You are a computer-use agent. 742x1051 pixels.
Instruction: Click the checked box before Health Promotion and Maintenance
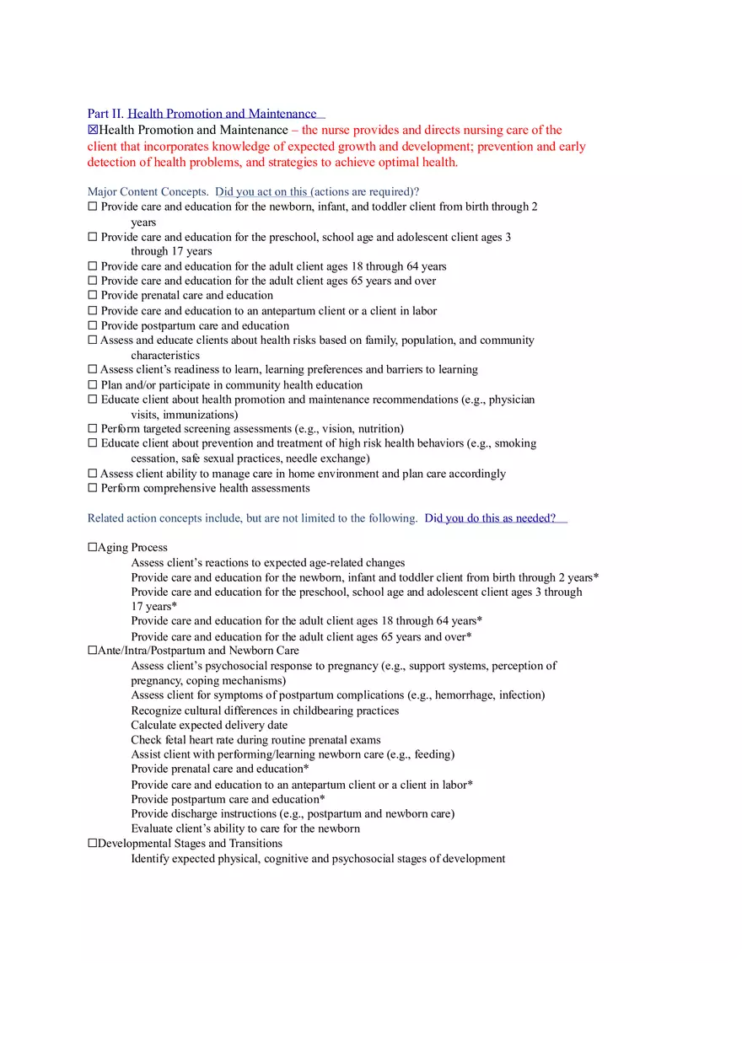point(93,131)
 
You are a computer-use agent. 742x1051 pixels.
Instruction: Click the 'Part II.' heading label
point(105,114)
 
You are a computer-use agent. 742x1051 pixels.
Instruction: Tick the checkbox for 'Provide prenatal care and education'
point(92,296)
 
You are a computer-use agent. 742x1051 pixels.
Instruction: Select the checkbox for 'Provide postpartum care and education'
point(92,326)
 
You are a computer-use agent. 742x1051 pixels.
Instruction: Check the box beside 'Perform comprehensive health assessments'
point(92,489)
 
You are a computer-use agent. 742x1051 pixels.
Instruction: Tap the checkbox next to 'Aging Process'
point(92,548)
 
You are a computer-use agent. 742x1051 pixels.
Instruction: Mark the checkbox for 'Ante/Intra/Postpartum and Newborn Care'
point(92,651)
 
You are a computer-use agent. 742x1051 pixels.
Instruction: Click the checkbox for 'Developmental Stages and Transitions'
point(92,844)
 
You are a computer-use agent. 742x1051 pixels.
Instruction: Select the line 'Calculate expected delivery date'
point(209,725)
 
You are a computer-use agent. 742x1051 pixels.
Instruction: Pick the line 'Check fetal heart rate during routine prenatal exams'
point(255,740)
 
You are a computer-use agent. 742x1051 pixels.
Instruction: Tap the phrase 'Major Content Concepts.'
point(148,192)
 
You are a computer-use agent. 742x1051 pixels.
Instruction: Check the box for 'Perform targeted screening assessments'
point(92,429)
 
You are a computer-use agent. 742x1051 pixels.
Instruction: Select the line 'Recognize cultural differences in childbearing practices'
point(265,710)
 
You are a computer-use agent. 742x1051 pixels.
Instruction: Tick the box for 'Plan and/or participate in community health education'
point(92,385)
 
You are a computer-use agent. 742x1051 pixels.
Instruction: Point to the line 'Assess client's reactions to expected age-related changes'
point(267,563)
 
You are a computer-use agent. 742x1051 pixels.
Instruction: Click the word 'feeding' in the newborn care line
point(431,754)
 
